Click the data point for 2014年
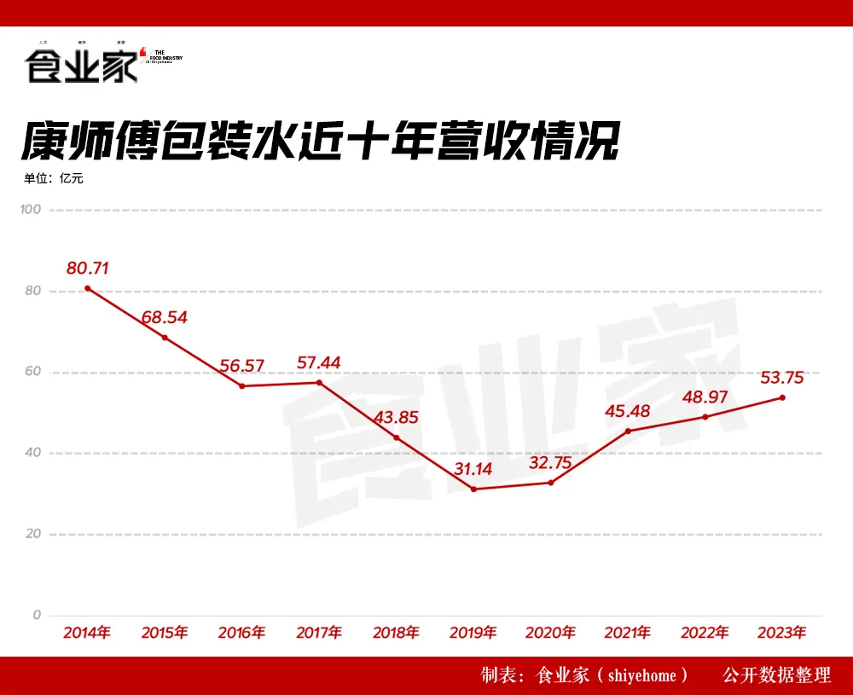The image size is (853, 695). [x=88, y=288]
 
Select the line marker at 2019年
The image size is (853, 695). [x=473, y=489]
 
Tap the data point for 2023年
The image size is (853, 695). [x=782, y=397]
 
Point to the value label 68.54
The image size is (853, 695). [x=165, y=318]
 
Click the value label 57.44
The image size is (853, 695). [x=318, y=362]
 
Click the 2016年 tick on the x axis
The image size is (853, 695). [x=241, y=633]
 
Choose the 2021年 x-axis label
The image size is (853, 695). [x=628, y=633]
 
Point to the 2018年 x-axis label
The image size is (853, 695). [x=396, y=633]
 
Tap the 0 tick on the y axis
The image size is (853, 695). [x=37, y=615]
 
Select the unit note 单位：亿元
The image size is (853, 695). [x=54, y=178]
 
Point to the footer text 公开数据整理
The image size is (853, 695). [x=776, y=675]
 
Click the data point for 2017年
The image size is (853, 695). [x=319, y=382]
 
